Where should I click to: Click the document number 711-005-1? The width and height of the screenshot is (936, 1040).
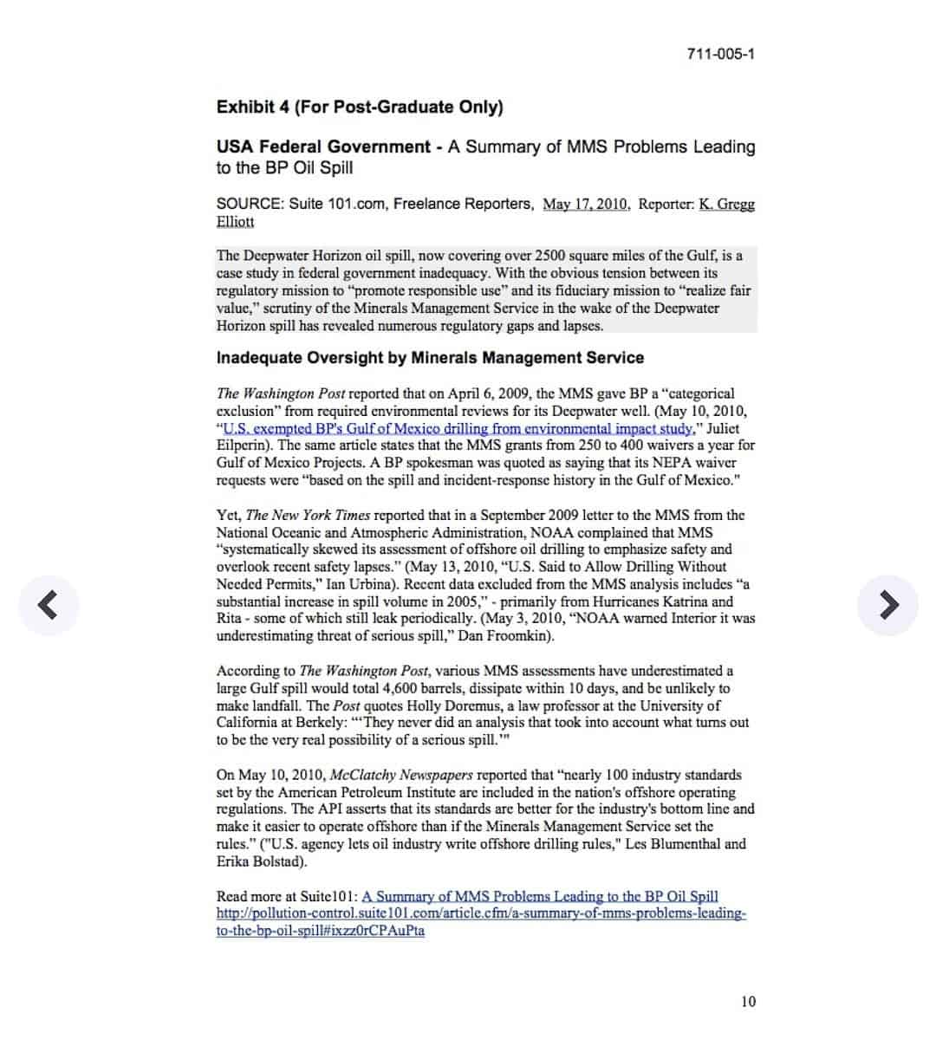[720, 54]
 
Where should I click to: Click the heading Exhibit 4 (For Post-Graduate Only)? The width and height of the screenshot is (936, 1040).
[360, 107]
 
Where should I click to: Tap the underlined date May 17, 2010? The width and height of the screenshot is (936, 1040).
[586, 205]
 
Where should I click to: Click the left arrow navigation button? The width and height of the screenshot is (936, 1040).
[49, 604]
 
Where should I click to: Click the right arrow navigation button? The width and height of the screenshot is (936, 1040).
[887, 604]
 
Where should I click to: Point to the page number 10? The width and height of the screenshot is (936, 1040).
[748, 1002]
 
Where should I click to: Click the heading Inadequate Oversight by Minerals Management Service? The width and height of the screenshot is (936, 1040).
[430, 358]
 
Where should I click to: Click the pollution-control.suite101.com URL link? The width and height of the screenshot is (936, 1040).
[481, 913]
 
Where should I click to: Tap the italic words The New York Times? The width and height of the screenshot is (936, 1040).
[309, 515]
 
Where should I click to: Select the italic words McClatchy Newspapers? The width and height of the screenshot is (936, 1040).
[401, 775]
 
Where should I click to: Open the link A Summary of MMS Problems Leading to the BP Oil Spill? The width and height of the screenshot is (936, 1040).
[540, 896]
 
